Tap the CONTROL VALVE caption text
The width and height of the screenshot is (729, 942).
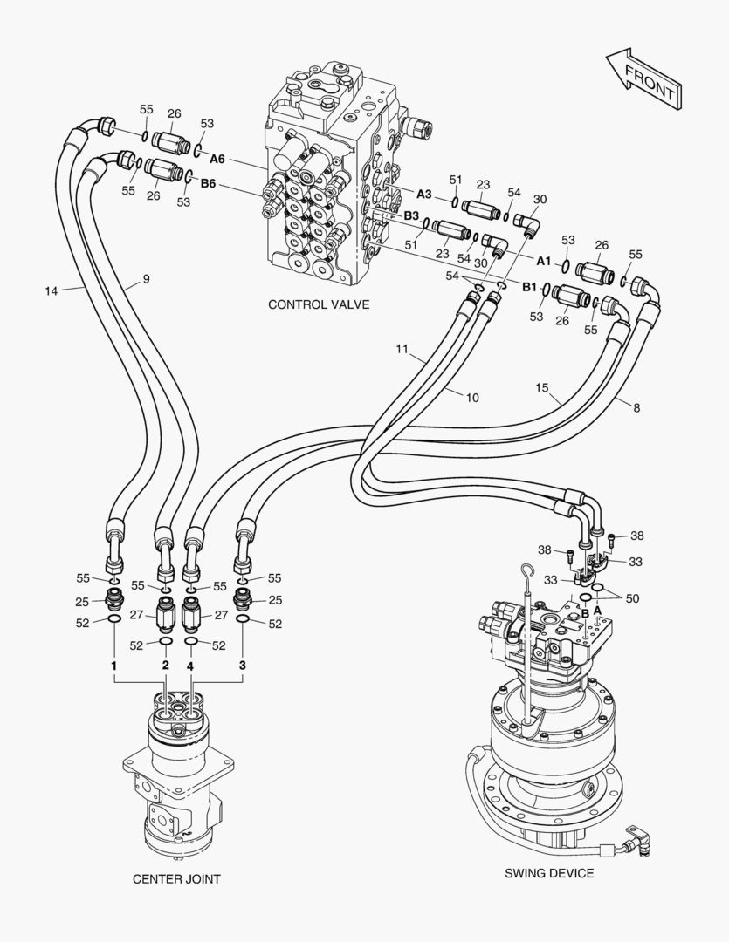click(x=319, y=304)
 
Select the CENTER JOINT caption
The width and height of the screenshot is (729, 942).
click(x=176, y=878)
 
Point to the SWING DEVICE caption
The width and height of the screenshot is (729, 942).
click(x=549, y=873)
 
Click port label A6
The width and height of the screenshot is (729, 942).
click(x=217, y=159)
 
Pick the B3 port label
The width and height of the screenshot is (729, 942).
click(x=411, y=215)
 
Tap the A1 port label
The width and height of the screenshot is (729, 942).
click(x=543, y=260)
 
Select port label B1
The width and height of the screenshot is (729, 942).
click(x=530, y=285)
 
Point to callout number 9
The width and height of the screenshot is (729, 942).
click(x=146, y=279)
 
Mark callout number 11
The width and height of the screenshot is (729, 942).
click(x=402, y=349)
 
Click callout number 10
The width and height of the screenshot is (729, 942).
click(x=471, y=397)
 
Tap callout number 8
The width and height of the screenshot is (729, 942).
click(x=636, y=406)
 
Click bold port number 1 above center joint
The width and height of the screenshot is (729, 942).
click(x=113, y=666)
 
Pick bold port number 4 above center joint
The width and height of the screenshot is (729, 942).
click(x=190, y=666)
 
